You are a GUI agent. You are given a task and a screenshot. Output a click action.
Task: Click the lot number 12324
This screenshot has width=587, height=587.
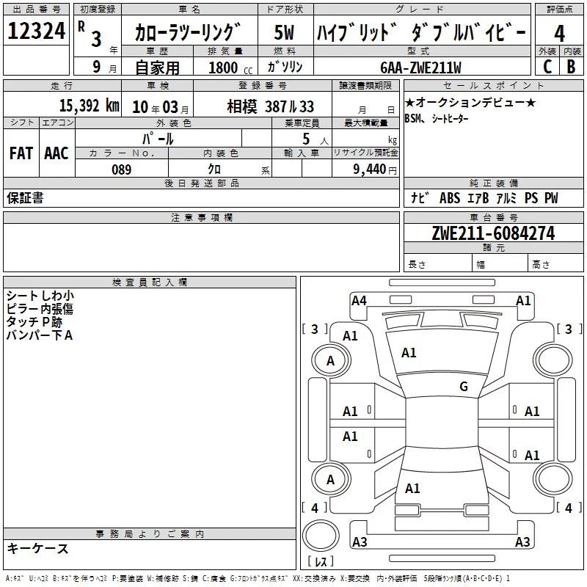coord(37,31)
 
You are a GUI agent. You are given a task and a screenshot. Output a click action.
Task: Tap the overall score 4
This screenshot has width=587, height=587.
coord(559,34)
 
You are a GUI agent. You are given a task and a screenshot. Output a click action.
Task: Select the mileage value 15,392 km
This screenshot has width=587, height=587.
coord(89,106)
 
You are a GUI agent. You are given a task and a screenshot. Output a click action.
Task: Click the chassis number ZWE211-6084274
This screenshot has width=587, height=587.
coord(493,233)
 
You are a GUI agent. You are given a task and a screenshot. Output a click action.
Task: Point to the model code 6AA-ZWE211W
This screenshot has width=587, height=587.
coord(420,68)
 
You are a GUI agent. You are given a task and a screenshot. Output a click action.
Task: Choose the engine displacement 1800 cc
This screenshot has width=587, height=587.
coord(230,68)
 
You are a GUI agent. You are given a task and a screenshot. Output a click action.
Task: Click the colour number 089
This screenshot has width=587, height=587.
coord(122,169)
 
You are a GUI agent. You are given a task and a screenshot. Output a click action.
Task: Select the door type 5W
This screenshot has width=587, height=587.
coord(284,32)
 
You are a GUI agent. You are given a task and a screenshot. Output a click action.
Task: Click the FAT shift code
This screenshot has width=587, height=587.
coord(21,153)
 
